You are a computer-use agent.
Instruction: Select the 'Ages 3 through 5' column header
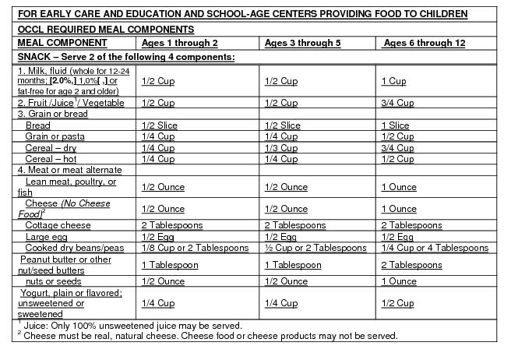click(303, 43)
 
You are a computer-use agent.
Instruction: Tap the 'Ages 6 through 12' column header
click(425, 43)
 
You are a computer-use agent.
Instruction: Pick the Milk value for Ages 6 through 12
click(393, 81)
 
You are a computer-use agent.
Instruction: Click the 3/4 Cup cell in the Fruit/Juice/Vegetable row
click(396, 103)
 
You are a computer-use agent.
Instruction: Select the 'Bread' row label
click(37, 125)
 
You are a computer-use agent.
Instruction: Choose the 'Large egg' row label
click(47, 236)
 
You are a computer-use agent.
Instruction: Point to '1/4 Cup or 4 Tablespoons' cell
click(435, 248)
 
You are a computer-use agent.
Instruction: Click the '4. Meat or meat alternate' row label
click(69, 170)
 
